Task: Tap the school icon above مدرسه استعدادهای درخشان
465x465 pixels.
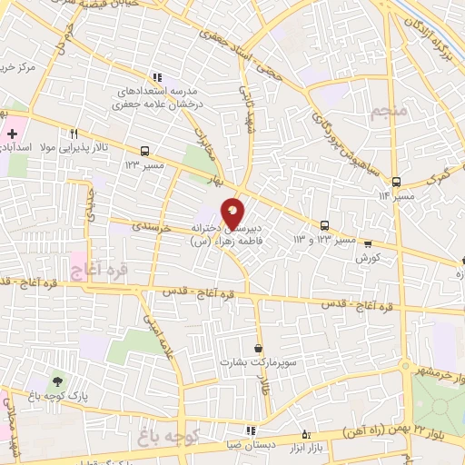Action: click(156, 78)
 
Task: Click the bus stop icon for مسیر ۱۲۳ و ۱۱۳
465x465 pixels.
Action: click(324, 226)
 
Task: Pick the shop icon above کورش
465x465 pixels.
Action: click(367, 243)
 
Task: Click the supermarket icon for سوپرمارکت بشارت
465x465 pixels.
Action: click(259, 348)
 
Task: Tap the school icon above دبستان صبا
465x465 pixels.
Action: click(250, 430)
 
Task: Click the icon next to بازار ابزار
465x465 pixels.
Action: click(305, 434)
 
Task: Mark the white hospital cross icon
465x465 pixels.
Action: click(11, 134)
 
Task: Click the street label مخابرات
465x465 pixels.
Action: click(203, 142)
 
